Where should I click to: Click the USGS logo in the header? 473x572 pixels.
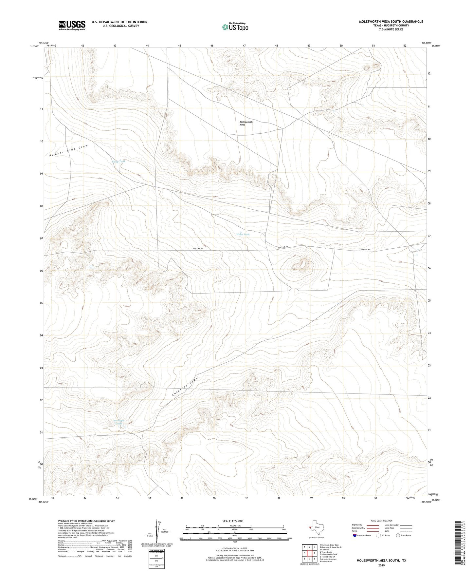click(72, 25)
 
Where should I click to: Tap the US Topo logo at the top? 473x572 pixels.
click(235, 27)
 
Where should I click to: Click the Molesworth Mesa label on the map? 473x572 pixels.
click(246, 123)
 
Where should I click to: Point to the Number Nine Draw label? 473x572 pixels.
click(68, 150)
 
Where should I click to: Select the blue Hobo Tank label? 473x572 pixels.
click(243, 235)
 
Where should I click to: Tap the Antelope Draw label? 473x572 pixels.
click(185, 387)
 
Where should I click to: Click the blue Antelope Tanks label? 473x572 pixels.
click(118, 422)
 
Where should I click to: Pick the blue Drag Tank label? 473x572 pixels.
click(118, 162)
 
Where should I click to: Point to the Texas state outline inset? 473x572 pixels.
click(317, 527)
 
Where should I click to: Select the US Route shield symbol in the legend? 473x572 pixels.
click(379, 535)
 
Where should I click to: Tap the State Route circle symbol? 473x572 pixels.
click(398, 535)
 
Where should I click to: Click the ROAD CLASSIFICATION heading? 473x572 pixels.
click(381, 521)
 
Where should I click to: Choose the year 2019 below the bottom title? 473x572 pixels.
click(381, 565)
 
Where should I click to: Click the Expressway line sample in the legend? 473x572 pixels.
click(373, 525)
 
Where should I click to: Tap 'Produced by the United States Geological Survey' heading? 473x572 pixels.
click(86, 521)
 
